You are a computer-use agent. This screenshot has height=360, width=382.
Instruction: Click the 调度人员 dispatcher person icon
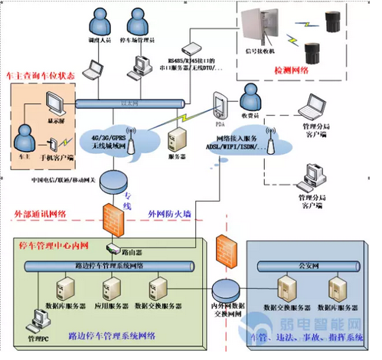(100, 19)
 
